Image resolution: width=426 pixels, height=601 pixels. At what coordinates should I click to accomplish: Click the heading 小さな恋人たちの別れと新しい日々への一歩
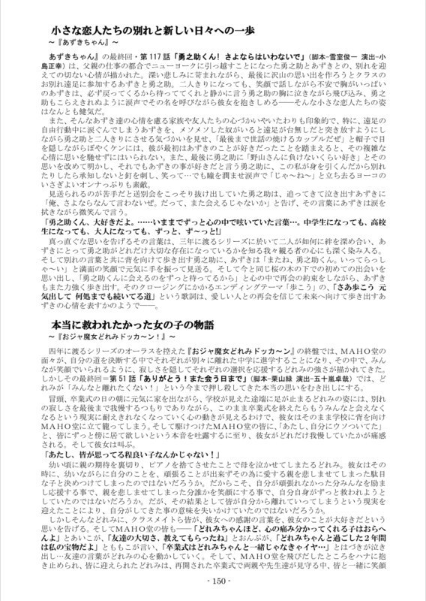click(163, 30)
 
